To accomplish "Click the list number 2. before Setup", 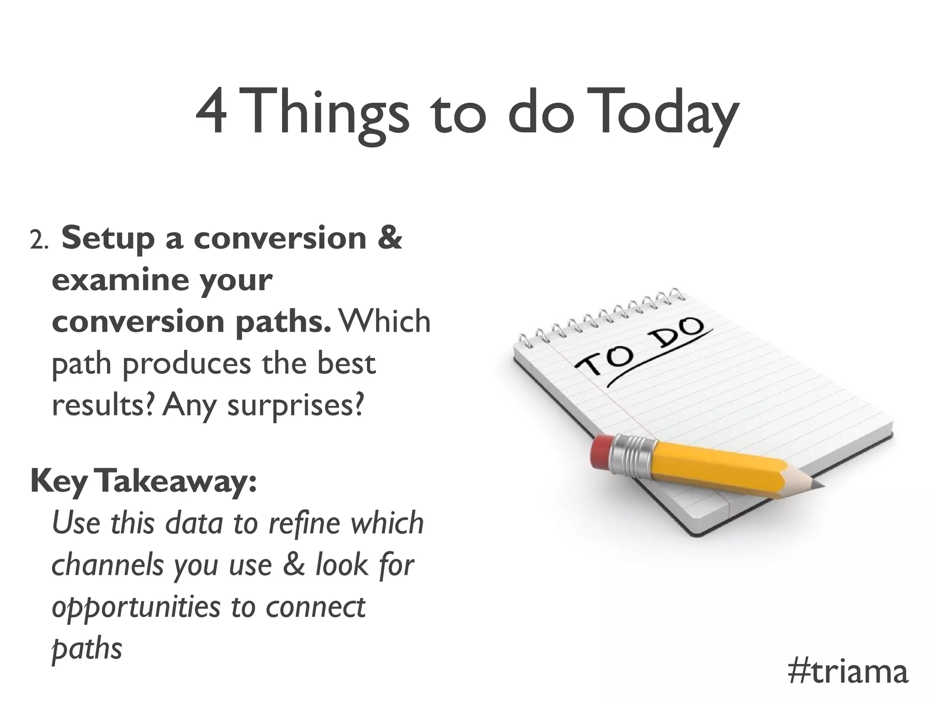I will [x=39, y=241].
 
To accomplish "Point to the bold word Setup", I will [x=108, y=239].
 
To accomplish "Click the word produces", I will [x=187, y=364].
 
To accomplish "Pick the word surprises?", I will [x=295, y=406].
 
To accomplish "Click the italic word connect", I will [x=315, y=607].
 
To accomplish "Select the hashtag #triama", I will [x=848, y=672].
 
